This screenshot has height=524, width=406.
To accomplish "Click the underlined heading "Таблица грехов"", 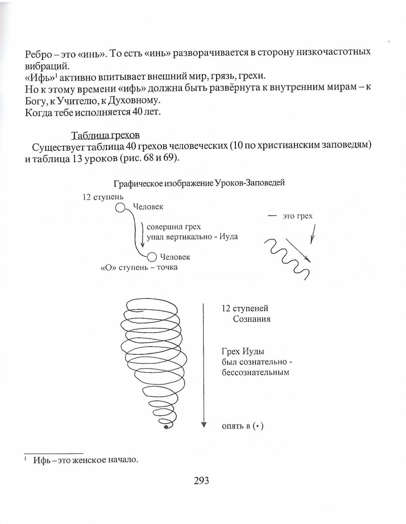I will coord(105,135).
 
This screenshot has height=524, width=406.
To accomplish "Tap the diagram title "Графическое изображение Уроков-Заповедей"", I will coord(199,183).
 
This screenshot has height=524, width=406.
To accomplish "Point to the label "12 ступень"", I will coord(103,197).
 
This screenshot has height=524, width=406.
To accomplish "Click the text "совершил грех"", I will coord(174,227).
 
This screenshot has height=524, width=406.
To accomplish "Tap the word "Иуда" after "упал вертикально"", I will coord(229,236).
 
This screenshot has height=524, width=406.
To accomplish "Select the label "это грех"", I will coord(297,216).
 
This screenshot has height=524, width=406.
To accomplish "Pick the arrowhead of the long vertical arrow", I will coord(204,425).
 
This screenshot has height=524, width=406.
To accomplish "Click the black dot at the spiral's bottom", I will coord(166,427).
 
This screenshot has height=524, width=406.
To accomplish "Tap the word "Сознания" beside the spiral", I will coord(251,319).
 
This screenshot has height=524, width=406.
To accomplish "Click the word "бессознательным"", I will coord(255,372).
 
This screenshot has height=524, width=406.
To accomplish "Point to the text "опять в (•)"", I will coord(243,426).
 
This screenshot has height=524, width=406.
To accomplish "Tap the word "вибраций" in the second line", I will coord(45,66).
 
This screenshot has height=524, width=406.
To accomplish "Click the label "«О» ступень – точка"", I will coord(139,267).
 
